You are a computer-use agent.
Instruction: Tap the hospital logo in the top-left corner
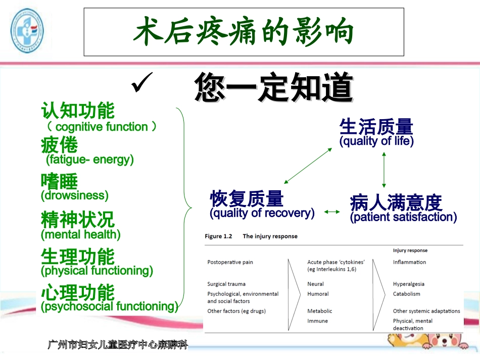click(27, 31)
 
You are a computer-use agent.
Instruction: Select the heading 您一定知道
click(273, 87)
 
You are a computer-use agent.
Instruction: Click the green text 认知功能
click(78, 111)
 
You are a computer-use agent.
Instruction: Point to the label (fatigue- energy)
click(90, 160)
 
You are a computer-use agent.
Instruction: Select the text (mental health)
click(81, 234)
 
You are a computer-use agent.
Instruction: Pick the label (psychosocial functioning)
click(110, 306)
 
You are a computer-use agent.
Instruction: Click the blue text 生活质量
click(376, 127)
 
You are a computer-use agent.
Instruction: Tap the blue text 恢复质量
click(247, 198)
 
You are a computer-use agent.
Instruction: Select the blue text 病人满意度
click(396, 202)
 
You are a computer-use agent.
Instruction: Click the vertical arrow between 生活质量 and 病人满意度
click(384, 170)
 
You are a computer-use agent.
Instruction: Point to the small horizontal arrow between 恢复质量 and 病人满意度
click(332, 212)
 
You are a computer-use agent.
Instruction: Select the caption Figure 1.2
click(218, 236)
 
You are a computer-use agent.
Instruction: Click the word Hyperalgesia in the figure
click(408, 284)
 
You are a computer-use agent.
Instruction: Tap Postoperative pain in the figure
click(230, 262)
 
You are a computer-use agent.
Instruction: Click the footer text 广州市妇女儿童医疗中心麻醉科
click(118, 345)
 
